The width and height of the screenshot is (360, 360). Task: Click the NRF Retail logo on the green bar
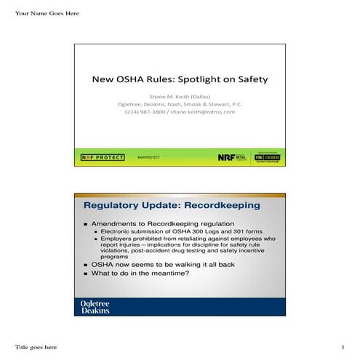(x=232, y=156)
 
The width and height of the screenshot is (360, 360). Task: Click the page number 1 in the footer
(x=342, y=345)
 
